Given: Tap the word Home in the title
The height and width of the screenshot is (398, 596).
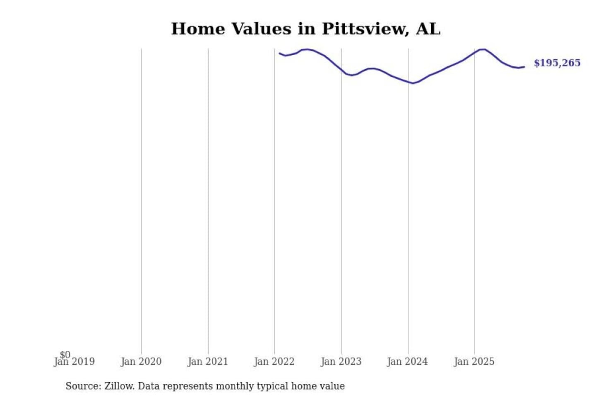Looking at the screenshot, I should tap(197, 29).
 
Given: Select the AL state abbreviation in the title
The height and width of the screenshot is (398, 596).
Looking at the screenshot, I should tap(428, 29).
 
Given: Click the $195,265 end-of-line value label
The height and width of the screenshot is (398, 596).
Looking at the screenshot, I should tap(557, 63).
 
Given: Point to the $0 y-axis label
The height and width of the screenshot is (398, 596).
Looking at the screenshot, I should tap(65, 354).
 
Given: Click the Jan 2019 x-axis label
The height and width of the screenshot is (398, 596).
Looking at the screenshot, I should tap(74, 362).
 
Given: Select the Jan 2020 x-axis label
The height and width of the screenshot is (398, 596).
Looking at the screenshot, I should tap(141, 362).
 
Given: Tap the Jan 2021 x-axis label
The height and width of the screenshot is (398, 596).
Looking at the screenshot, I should tap(208, 362).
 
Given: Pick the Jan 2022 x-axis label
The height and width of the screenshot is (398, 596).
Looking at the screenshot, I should tap(274, 362).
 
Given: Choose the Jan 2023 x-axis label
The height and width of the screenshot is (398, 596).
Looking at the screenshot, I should tap(341, 362).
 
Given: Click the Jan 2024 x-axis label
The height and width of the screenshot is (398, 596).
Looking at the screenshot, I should tap(407, 362).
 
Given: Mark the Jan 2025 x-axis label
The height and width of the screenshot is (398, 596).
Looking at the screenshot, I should tap(474, 362).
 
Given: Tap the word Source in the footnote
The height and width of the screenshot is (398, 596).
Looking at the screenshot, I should tap(83, 386).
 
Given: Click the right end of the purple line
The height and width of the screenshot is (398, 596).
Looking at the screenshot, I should tap(524, 67).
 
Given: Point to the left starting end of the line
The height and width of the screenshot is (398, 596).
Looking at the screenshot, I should tap(280, 53).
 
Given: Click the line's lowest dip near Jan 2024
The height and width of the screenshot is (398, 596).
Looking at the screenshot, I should tap(412, 83).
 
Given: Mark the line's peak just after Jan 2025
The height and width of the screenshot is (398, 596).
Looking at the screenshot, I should tap(482, 49).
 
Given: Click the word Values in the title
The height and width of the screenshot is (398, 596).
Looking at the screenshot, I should tap(261, 29).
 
